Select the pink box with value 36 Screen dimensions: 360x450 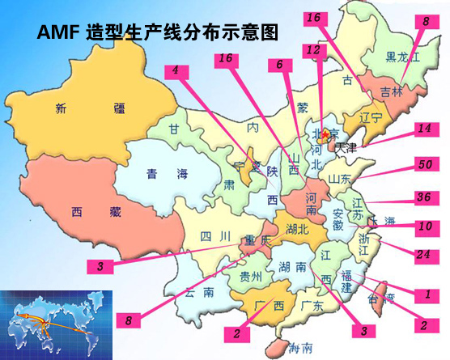tap(423, 197)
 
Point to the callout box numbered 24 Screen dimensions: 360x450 tap(423, 254)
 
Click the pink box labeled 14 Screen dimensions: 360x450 tap(424, 129)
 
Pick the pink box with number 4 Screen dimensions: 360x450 tap(176, 70)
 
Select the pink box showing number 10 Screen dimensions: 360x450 tap(424, 225)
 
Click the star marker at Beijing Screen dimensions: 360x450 tap(326, 133)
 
